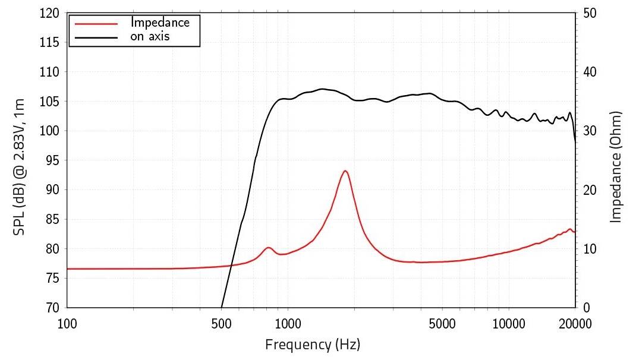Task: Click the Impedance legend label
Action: point(160,23)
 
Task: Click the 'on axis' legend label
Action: point(151,36)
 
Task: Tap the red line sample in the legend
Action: point(95,23)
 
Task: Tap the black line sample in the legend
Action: point(95,37)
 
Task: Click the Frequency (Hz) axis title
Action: point(313,344)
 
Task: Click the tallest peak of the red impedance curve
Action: point(345,171)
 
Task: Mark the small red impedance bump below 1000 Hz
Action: point(269,247)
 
